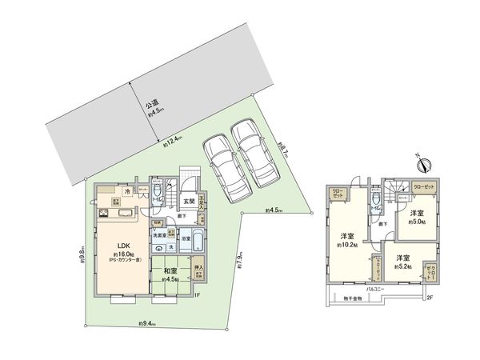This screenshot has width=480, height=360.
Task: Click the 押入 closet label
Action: tap(198, 269)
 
